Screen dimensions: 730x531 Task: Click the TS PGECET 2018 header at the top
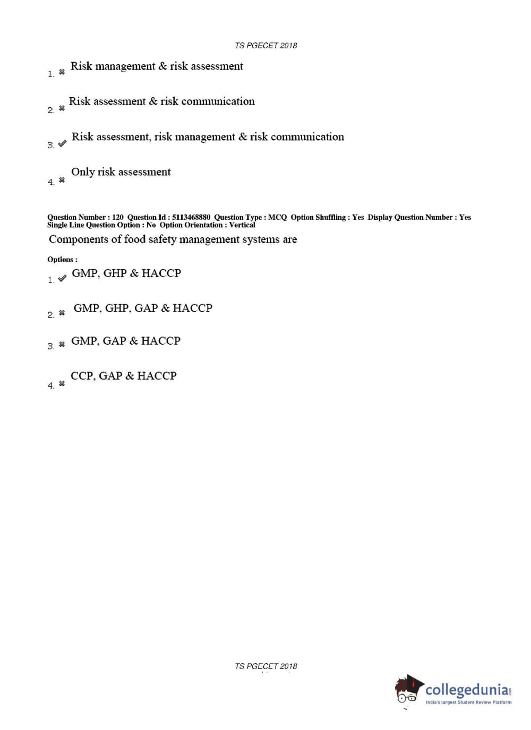[x=265, y=46]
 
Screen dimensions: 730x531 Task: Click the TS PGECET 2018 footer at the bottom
[x=265, y=666]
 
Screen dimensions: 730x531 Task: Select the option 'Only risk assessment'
[x=121, y=172]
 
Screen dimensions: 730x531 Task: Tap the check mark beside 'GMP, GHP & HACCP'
[x=62, y=278]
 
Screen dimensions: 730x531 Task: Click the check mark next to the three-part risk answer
[x=62, y=143]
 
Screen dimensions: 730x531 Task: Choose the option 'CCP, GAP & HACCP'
[x=123, y=376]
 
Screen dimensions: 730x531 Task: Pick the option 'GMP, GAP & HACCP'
[x=126, y=341]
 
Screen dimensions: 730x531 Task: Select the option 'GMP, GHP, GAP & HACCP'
[x=142, y=308]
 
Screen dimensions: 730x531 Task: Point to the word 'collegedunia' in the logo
[x=467, y=690]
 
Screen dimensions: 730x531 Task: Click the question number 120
[x=117, y=217]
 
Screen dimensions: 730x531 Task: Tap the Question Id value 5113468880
[x=191, y=217]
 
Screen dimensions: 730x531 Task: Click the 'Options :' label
[x=62, y=260]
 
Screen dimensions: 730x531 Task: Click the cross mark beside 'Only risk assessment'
[x=62, y=180]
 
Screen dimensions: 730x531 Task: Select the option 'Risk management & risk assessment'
[x=157, y=66]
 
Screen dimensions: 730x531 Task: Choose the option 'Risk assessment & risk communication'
[x=161, y=101]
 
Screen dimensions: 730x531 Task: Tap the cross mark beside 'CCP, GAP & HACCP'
[x=62, y=383]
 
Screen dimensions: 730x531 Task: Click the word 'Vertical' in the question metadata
[x=242, y=225]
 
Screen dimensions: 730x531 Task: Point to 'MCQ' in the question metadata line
[x=277, y=217]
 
